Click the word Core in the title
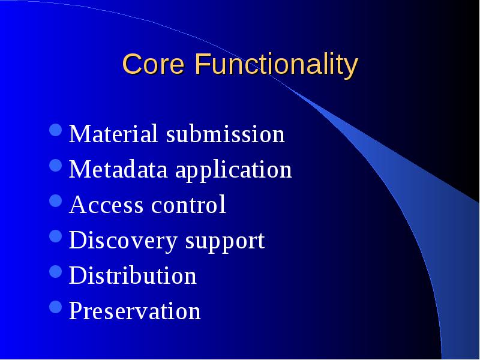154,64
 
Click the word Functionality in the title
277,66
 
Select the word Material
113,134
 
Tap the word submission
226,134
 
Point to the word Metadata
118,169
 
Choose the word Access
106,205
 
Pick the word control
188,204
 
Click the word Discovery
123,242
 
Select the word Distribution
133,275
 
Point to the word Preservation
135,310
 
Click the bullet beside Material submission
56,130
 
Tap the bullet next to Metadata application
56,166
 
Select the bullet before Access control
56,201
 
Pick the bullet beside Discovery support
56,236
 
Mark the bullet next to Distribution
56,272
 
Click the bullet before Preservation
56,307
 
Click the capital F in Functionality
202,64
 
